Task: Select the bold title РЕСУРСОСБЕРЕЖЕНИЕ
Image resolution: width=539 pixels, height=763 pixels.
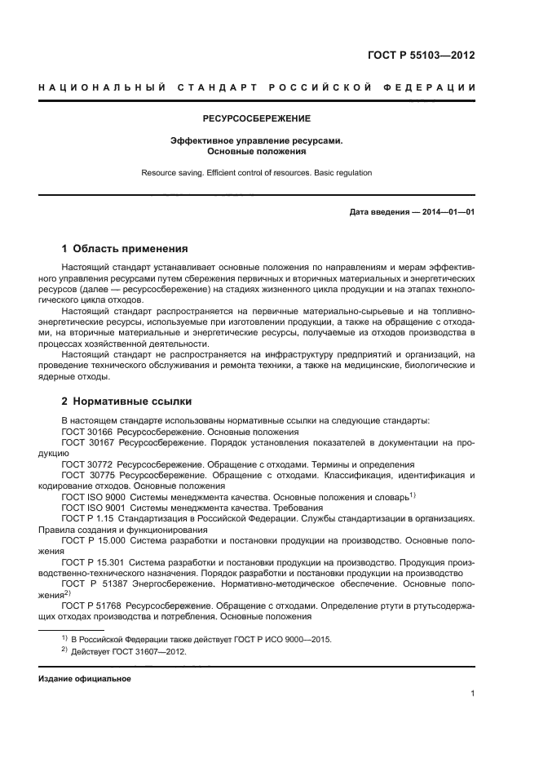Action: coord(257,119)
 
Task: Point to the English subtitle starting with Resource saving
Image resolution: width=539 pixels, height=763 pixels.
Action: coord(257,173)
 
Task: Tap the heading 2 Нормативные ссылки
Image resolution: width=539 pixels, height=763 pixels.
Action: coord(126,401)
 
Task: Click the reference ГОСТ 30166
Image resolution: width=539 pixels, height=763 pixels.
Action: coord(87,432)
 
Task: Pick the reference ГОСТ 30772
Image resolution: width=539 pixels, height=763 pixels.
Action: coord(87,463)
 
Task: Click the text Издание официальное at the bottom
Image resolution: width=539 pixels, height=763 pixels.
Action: coord(85,679)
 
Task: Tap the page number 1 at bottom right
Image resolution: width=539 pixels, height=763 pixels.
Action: coord(473,694)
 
